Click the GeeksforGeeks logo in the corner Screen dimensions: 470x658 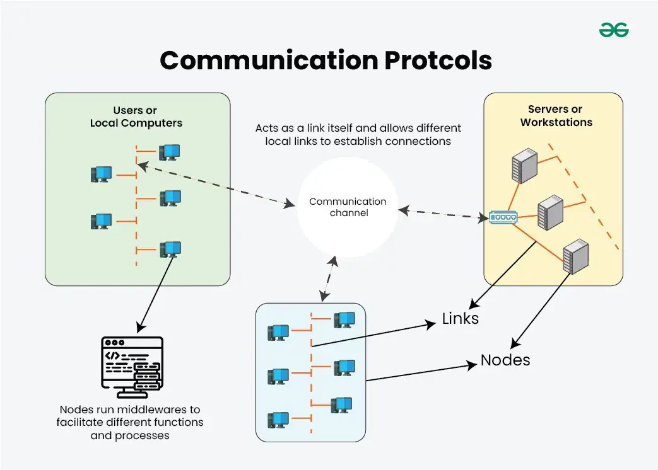point(614,30)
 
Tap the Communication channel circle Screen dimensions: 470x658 point(348,207)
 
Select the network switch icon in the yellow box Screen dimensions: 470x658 point(502,218)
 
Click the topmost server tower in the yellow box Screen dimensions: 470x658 point(524,166)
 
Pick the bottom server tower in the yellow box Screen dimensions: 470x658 point(575,256)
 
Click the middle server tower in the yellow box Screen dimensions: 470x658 point(549,212)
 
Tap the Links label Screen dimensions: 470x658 point(460,319)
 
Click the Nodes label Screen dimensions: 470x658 point(505,360)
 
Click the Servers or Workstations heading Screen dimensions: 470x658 point(556,116)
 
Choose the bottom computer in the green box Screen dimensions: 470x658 point(170,249)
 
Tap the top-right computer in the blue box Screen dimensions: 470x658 point(344,320)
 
